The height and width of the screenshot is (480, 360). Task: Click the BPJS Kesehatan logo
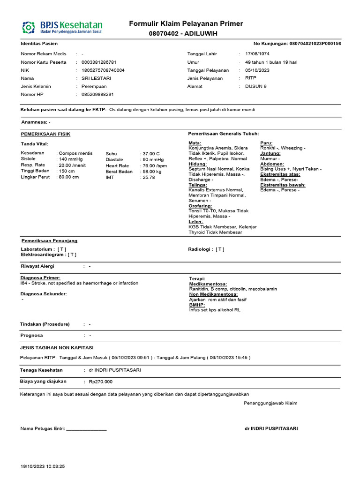pos(62,27)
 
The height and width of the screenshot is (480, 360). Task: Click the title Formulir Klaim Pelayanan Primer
pos(186,24)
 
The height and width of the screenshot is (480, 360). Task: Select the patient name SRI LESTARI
pos(97,78)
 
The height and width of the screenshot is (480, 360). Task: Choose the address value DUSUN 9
pos(255,86)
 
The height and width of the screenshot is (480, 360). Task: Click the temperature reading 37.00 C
pos(151,153)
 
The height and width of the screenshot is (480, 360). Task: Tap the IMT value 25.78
pos(149,177)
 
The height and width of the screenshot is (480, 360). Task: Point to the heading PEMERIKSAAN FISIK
pos(46,134)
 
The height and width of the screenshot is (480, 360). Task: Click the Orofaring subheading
pos(200,206)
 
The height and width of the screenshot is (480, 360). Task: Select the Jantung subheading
pos(270,153)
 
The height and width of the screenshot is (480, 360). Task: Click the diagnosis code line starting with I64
pos(80,283)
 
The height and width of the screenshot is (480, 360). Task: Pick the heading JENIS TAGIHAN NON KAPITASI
pos(57,347)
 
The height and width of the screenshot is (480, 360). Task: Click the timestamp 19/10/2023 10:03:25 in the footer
pos(43,466)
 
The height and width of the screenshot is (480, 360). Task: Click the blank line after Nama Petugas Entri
pos(86,428)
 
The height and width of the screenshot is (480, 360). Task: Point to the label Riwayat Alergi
pos(37,266)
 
